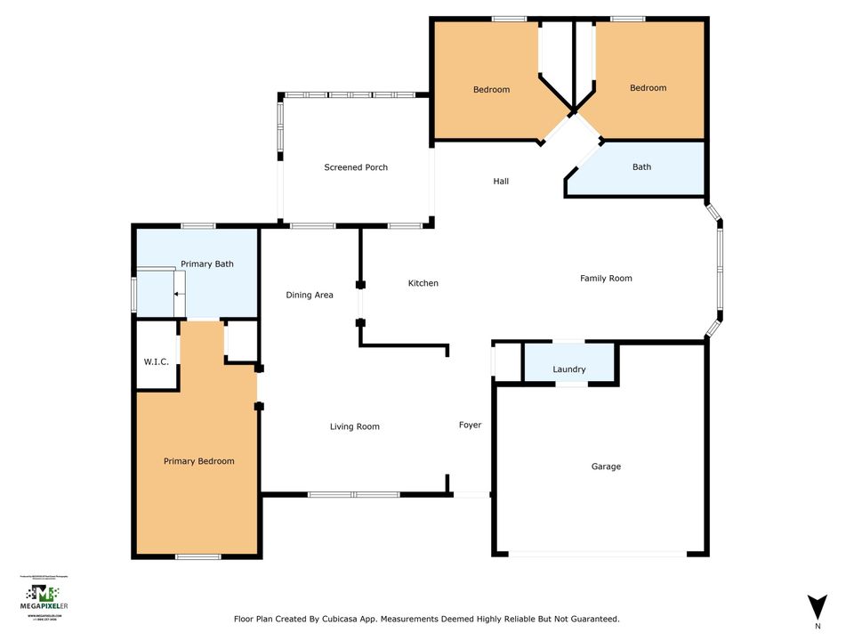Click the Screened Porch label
click(356, 167)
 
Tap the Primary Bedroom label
click(198, 461)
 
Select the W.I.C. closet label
click(157, 361)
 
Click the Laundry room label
click(568, 369)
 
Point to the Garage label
click(606, 467)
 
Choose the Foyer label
click(470, 425)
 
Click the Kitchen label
click(423, 283)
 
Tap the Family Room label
click(606, 279)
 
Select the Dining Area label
click(310, 295)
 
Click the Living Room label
click(355, 426)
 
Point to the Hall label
click(501, 182)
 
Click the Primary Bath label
click(206, 264)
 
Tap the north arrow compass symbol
click(818, 606)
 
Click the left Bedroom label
click(491, 90)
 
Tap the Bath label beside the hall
click(641, 167)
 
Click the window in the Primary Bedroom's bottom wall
click(197, 557)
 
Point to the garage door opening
click(598, 555)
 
